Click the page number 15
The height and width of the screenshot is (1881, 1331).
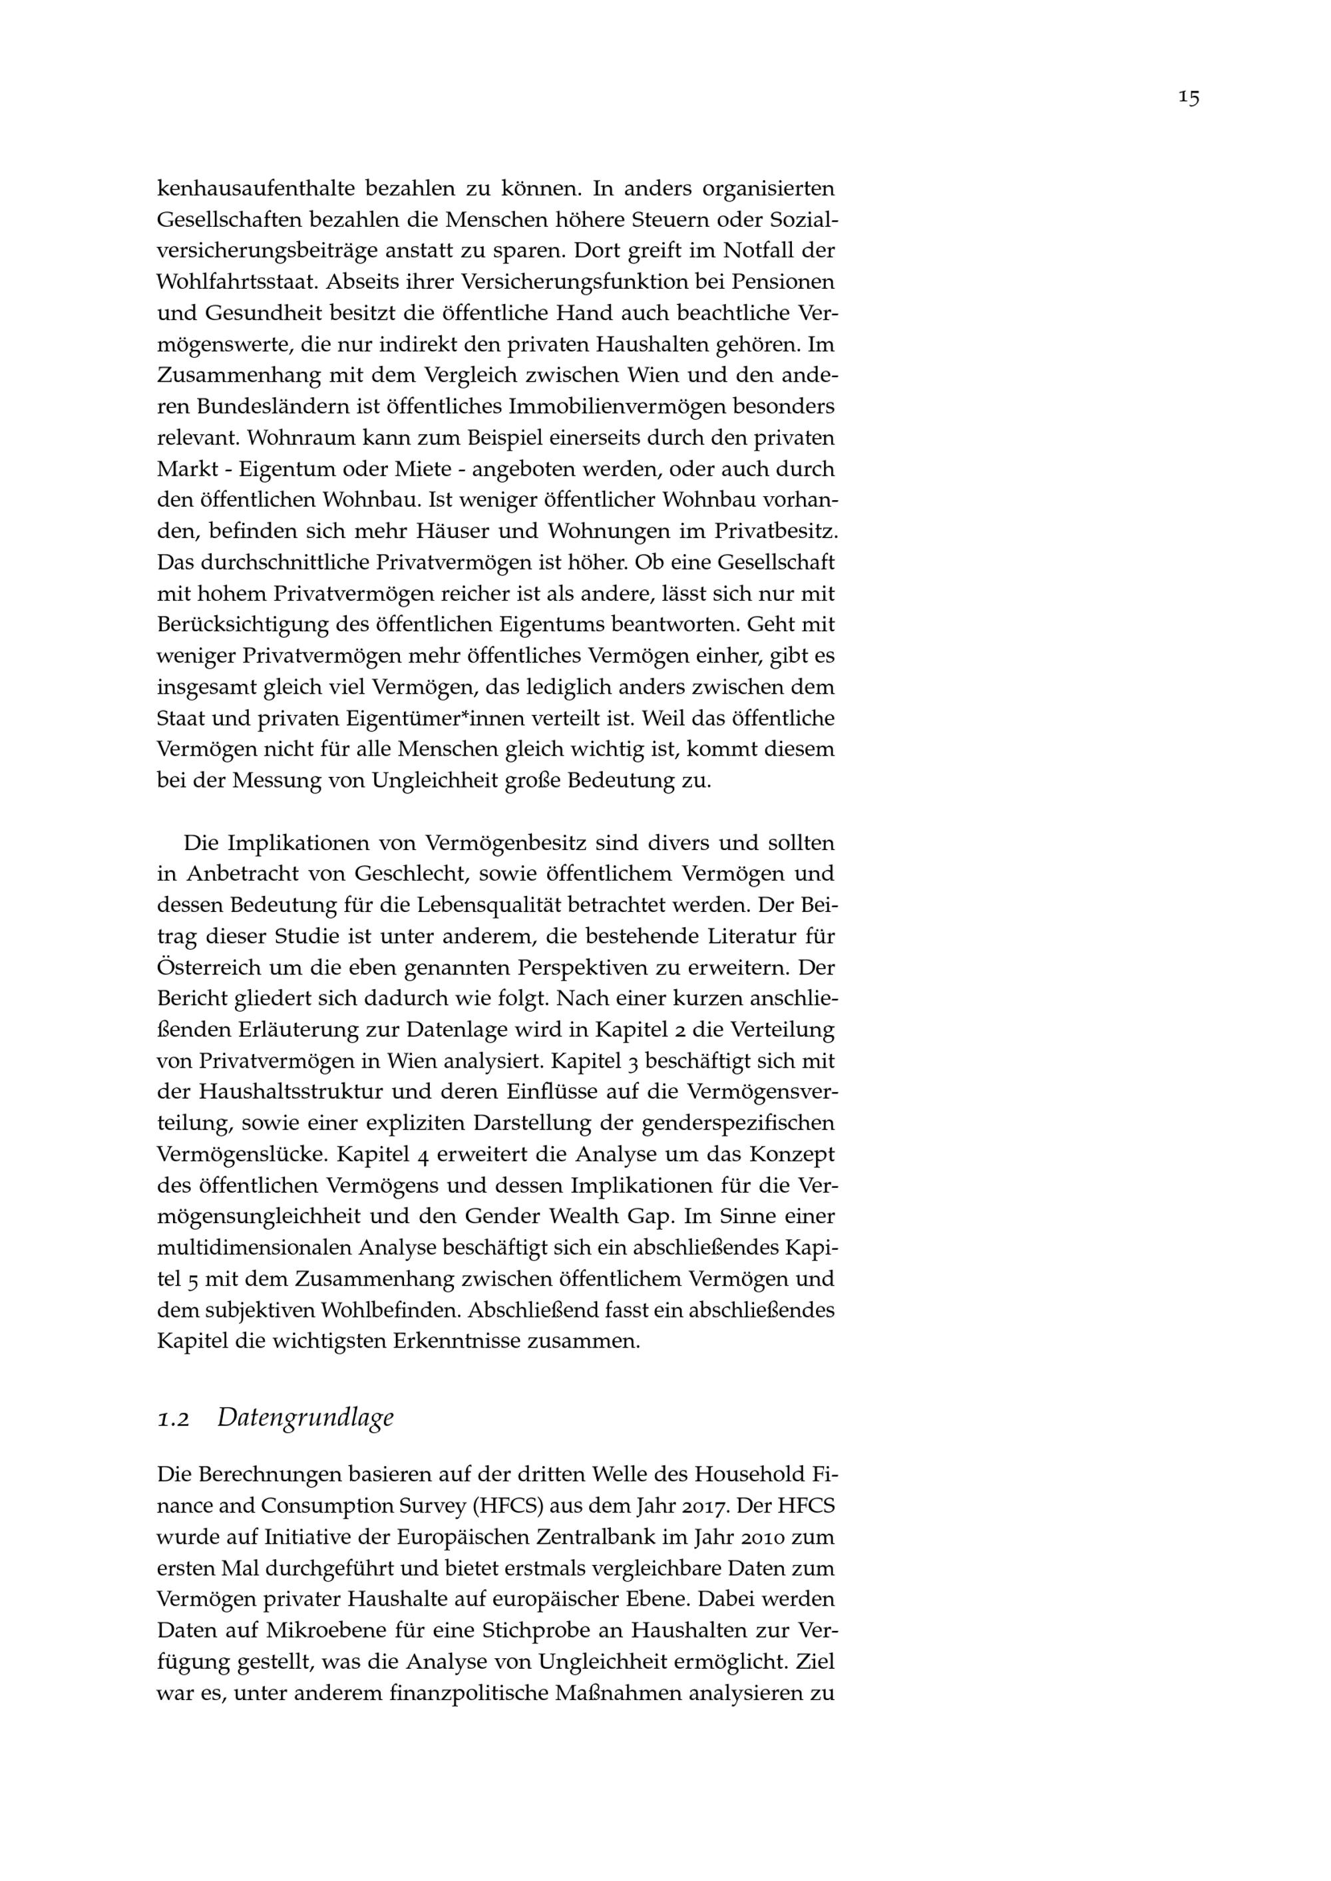tap(1189, 98)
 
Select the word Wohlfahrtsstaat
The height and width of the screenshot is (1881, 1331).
tap(236, 283)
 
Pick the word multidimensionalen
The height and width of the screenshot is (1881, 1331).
tap(254, 1248)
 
